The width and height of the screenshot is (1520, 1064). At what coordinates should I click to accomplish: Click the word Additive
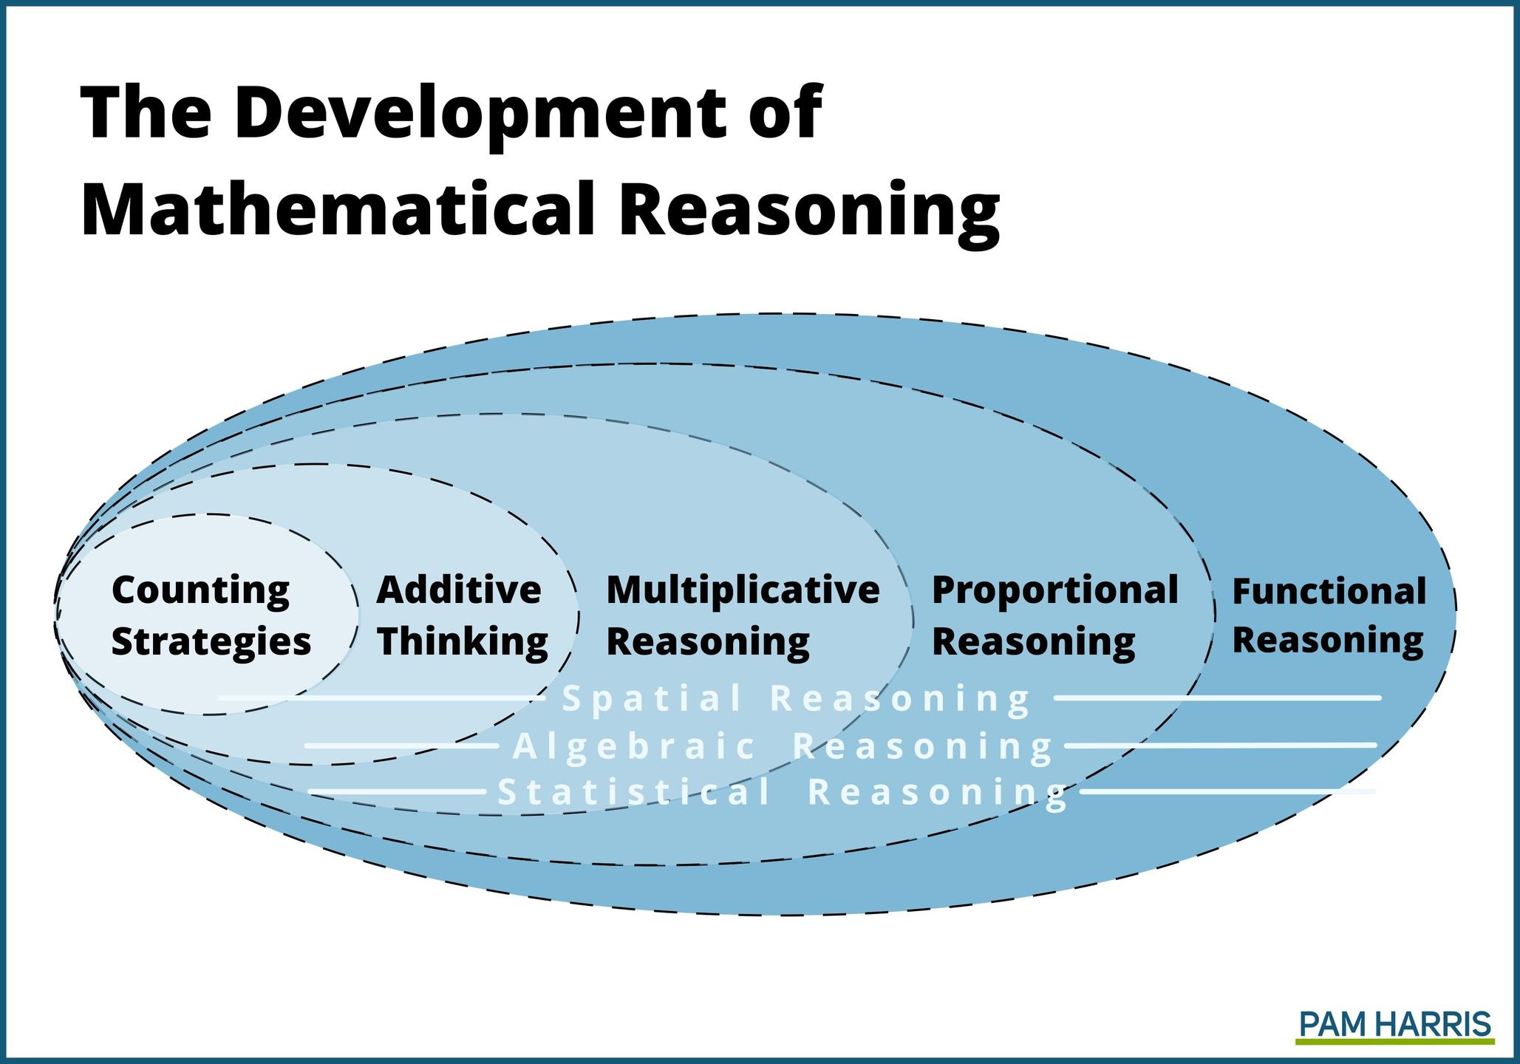459,590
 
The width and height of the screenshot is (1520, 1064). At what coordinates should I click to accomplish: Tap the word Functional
1329,591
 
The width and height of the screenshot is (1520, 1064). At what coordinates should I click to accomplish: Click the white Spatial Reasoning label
796,698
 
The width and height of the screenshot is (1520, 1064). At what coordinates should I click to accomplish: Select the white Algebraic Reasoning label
783,746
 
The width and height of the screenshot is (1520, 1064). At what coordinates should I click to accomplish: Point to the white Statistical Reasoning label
783,793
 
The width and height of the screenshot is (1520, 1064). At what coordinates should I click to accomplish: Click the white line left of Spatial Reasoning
381,698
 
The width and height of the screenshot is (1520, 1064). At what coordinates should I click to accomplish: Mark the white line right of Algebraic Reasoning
1221,746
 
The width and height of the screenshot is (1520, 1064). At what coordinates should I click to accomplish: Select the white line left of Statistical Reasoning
397,792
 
